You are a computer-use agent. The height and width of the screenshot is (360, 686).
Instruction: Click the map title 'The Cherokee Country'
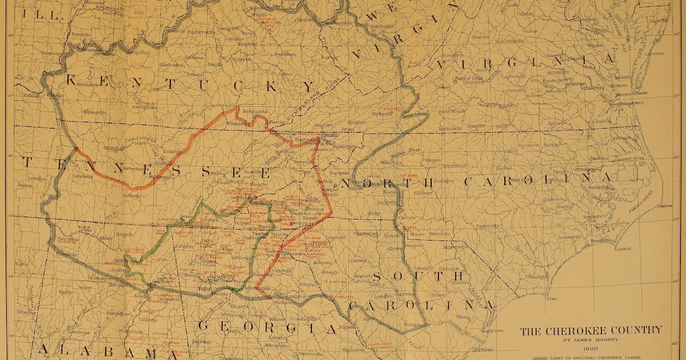(591, 330)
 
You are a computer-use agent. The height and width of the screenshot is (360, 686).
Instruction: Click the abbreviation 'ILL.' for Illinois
(50, 17)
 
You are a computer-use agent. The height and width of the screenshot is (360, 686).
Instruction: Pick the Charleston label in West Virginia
(380, 26)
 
